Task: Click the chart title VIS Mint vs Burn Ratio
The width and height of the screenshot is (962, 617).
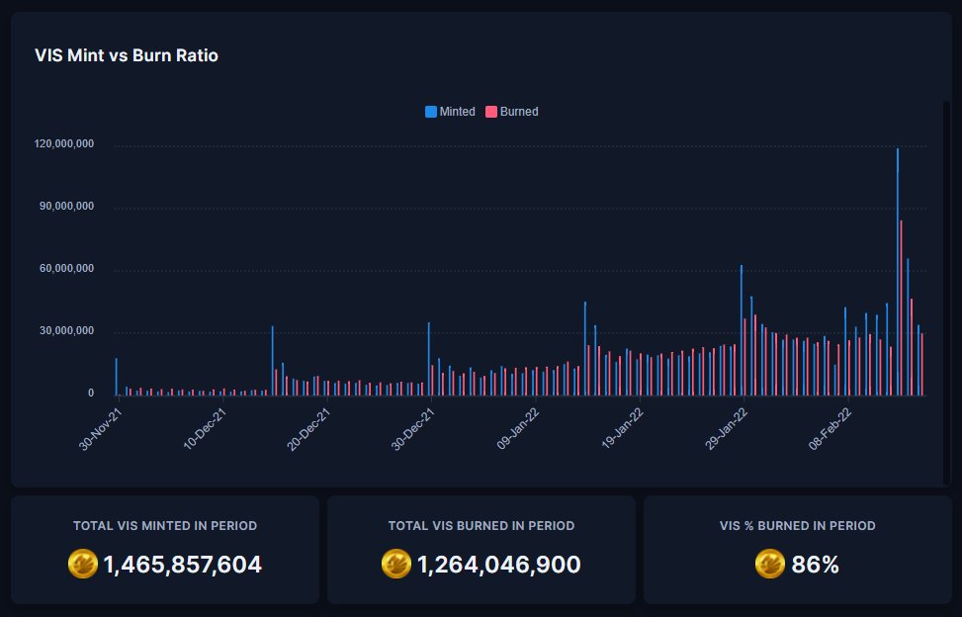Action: [127, 56]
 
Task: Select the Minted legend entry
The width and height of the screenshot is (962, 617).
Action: [451, 112]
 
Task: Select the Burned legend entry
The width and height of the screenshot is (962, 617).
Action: [512, 112]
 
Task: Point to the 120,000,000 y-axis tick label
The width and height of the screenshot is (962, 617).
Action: [64, 144]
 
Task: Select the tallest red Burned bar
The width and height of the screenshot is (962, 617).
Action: [901, 307]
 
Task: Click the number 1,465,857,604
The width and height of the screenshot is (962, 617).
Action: [182, 565]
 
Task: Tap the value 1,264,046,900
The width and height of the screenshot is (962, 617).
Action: [498, 565]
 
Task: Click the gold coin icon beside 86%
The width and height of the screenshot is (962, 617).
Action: [769, 564]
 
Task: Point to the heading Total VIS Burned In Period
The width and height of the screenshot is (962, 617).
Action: [481, 526]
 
